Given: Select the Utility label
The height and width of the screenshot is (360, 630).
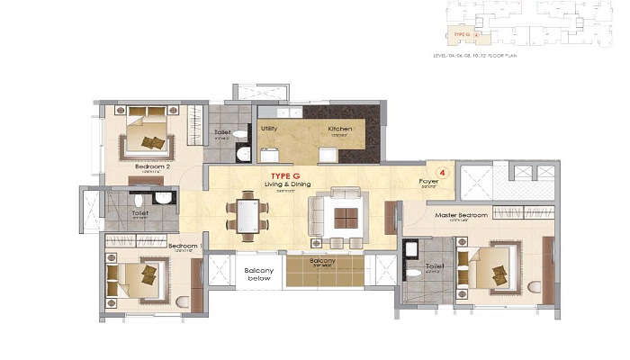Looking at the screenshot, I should (269, 129).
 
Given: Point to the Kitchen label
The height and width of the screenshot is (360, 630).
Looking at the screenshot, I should (339, 129).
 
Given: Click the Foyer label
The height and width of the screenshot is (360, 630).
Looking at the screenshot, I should (428, 181).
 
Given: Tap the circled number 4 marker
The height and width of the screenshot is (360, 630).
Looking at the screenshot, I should (442, 169).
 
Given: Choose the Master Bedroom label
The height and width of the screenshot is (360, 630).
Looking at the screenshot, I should (461, 215).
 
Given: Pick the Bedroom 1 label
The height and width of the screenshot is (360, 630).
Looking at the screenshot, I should (183, 245).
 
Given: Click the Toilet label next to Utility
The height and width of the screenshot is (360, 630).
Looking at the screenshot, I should (221, 133).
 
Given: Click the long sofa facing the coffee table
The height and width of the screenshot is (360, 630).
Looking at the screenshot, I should (317, 216).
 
